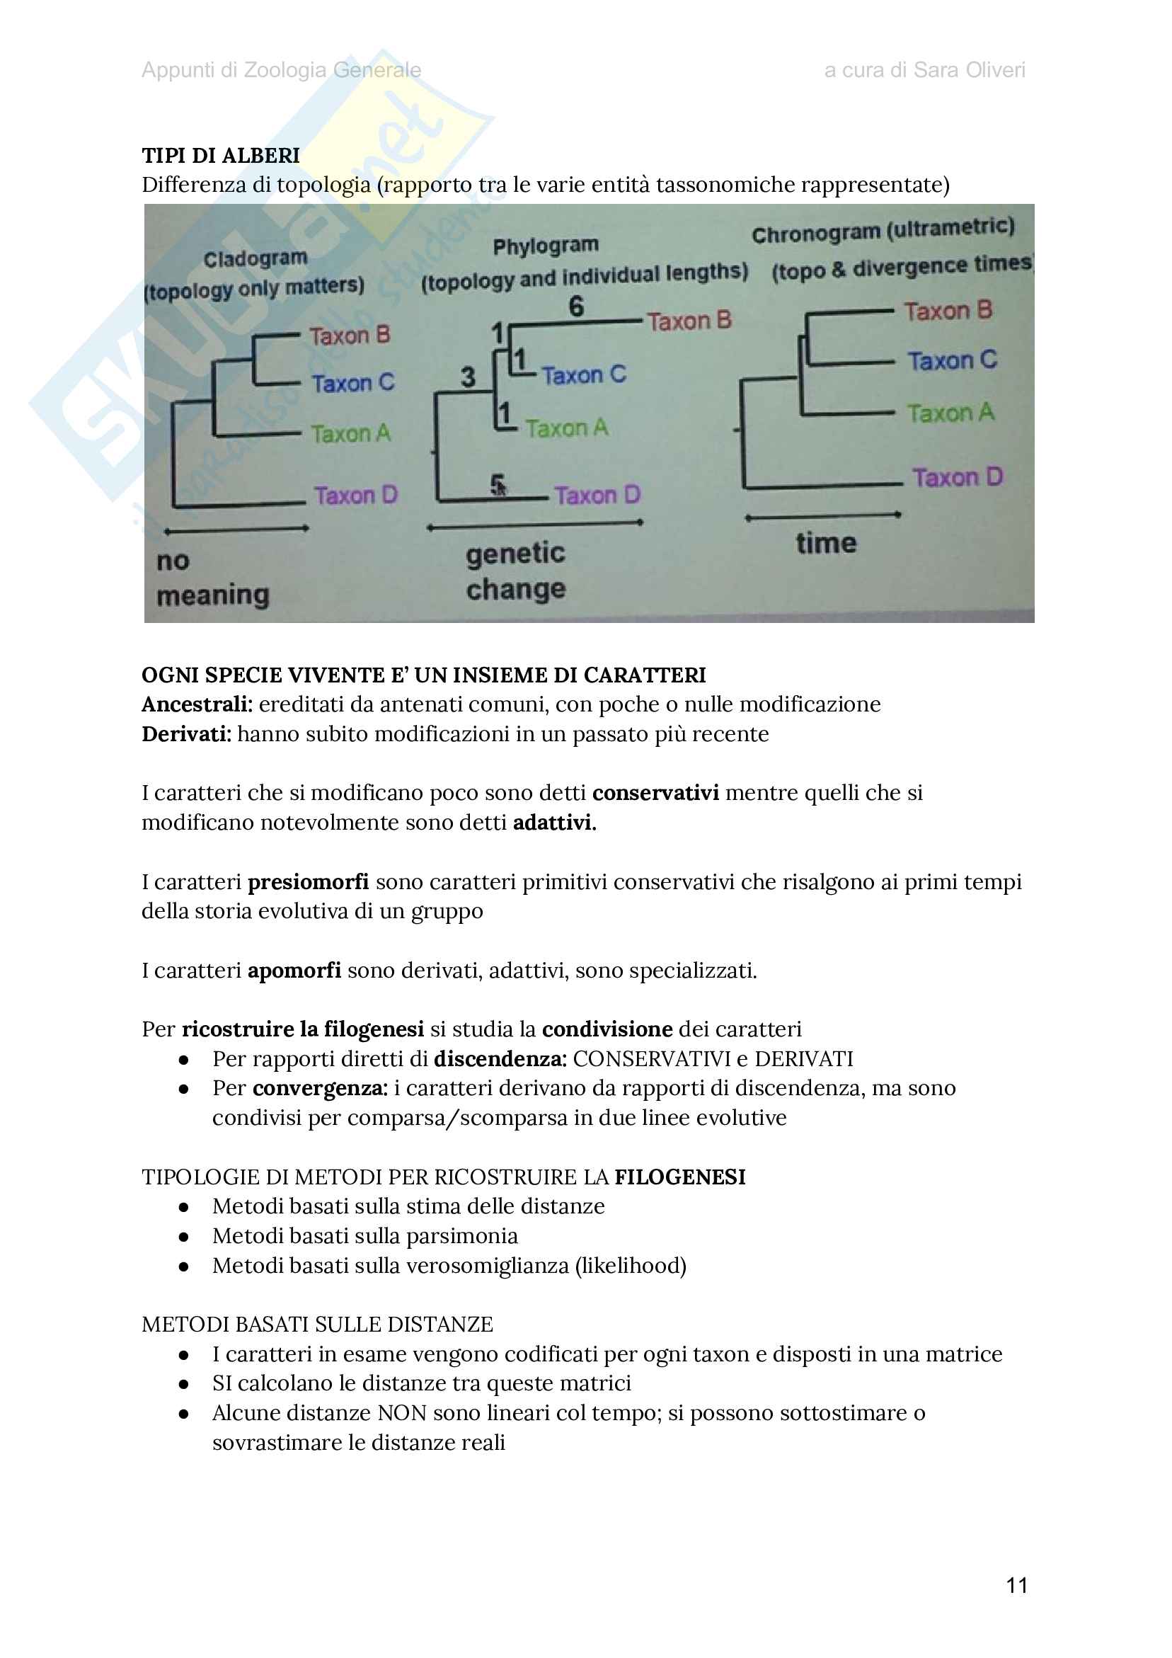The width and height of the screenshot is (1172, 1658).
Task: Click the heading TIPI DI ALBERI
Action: (x=220, y=155)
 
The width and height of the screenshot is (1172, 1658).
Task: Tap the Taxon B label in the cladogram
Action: (x=350, y=335)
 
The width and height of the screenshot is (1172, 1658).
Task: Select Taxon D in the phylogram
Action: (x=597, y=496)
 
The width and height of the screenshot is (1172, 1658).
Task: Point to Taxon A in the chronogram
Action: (x=950, y=413)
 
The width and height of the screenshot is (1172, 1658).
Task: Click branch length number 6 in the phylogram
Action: (x=575, y=306)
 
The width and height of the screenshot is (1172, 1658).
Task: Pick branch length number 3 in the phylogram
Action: (x=468, y=376)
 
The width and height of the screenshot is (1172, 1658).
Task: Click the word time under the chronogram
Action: (x=826, y=543)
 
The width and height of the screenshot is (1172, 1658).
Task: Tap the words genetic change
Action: (x=516, y=571)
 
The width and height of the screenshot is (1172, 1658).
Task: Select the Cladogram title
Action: (x=255, y=258)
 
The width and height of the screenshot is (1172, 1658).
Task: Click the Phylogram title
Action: (x=545, y=246)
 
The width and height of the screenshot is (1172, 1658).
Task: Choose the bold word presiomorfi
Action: (x=308, y=881)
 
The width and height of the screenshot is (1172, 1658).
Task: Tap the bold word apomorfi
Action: (x=294, y=971)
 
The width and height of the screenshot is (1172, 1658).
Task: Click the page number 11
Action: (x=1017, y=1585)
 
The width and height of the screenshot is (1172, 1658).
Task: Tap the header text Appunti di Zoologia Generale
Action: (x=281, y=70)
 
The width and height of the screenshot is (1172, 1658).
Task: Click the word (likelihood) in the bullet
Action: (x=631, y=1266)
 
